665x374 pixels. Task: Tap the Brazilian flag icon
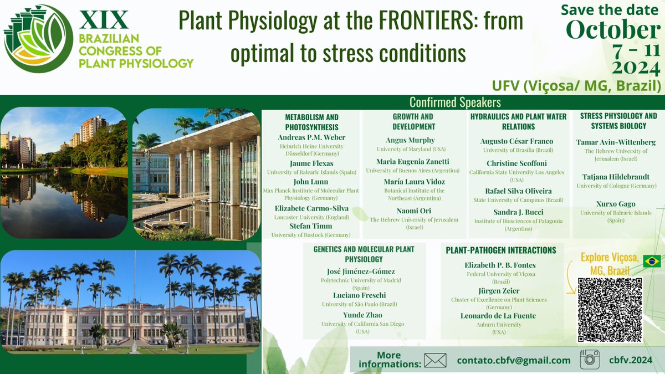(651, 262)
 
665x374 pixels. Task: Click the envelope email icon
(435, 360)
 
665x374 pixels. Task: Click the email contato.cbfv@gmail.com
(513, 360)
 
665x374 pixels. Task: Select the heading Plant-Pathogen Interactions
(501, 250)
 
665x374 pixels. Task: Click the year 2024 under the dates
(635, 68)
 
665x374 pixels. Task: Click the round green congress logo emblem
(38, 39)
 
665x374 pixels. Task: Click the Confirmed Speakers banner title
(454, 103)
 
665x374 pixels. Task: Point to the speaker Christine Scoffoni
(516, 163)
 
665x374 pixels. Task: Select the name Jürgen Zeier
(498, 290)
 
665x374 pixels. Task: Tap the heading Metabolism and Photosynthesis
(311, 122)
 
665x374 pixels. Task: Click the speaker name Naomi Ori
(414, 211)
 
